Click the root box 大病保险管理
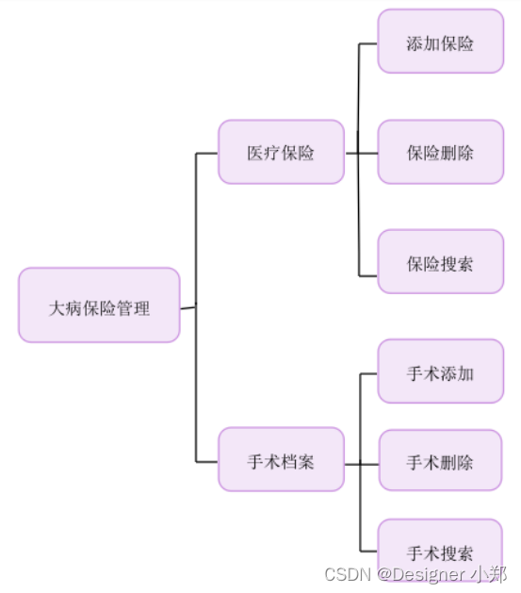[x=99, y=305]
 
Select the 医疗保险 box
[x=281, y=152]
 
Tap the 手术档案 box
[x=281, y=460]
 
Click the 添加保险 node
[x=440, y=42]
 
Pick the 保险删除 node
[x=440, y=152]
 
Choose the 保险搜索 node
[x=440, y=262]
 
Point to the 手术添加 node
[x=440, y=372]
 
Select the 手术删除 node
[x=440, y=461]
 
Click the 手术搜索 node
[x=440, y=551]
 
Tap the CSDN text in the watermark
[x=343, y=574]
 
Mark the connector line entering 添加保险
[x=368, y=43]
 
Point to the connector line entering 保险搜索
[x=368, y=275]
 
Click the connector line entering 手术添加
[x=368, y=374]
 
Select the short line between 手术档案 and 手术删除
[x=362, y=464]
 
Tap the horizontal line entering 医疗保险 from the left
[x=206, y=153]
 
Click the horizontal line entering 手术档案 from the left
[x=206, y=462]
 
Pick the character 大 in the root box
[x=57, y=307]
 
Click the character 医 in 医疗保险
[x=255, y=153]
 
